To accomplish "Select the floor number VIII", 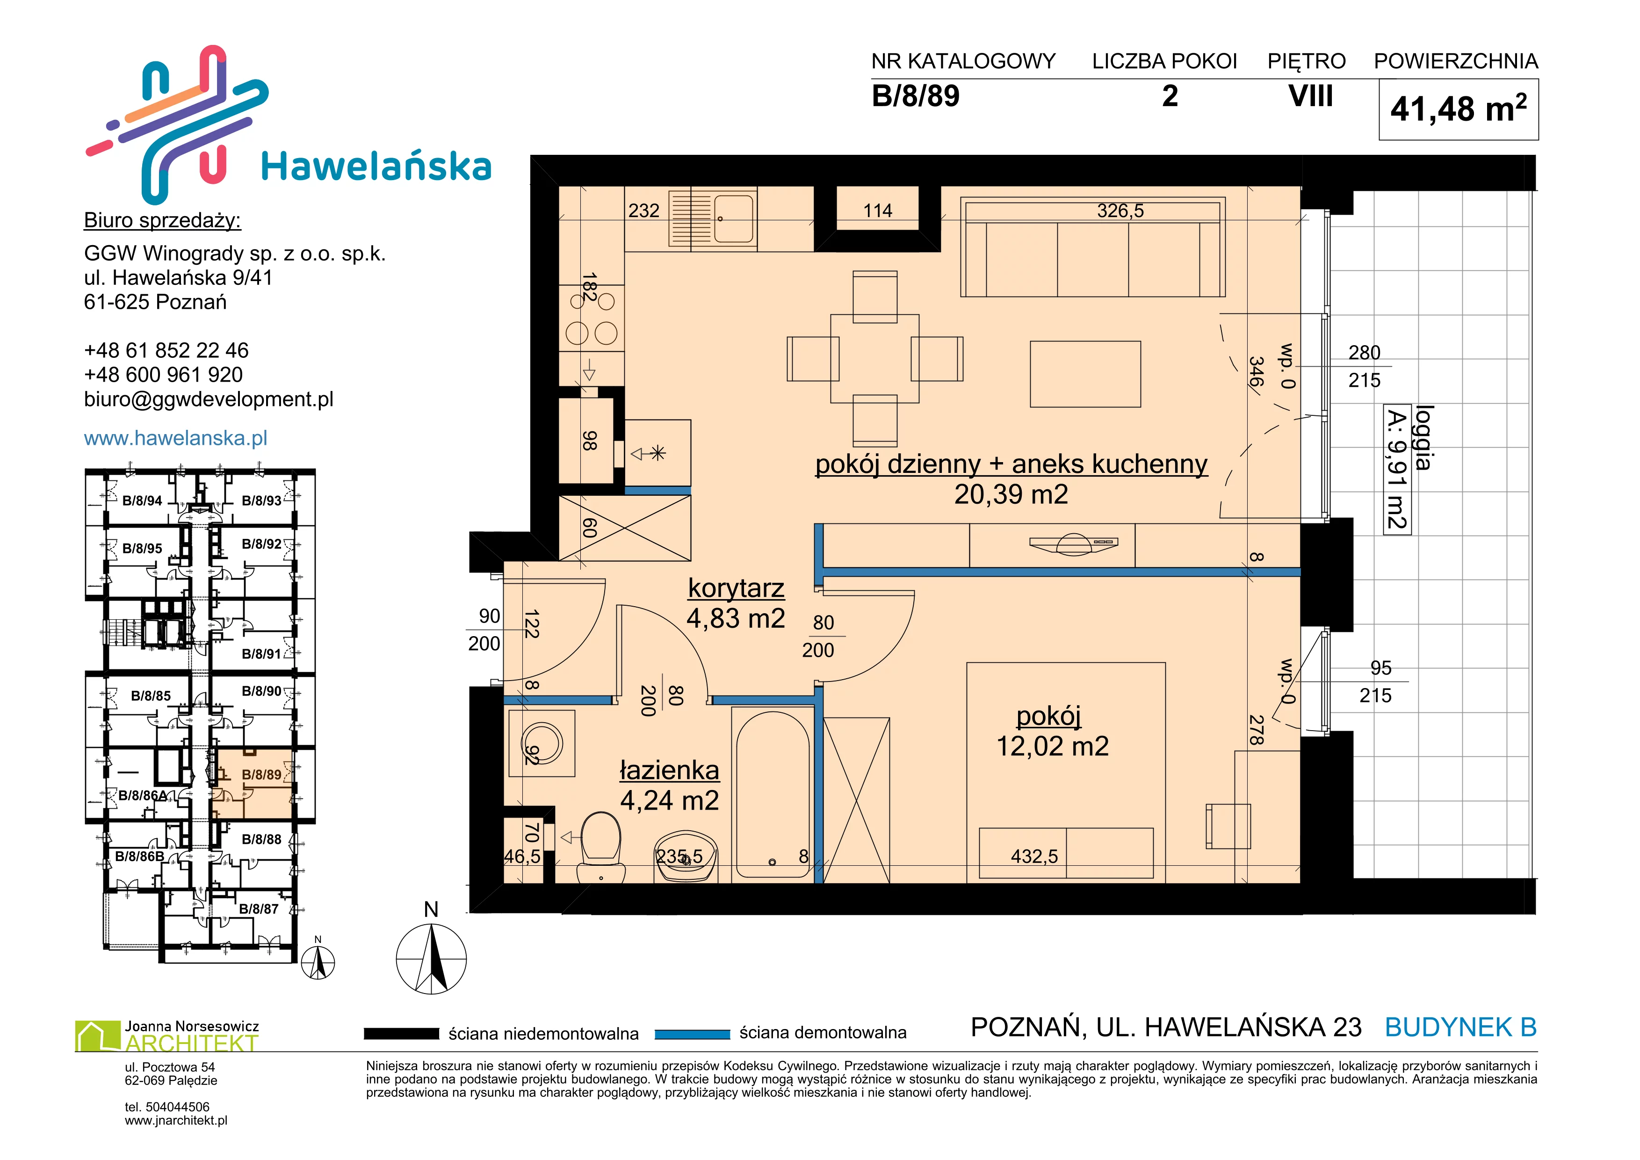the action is click(x=1311, y=96).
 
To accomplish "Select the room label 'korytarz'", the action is click(x=736, y=588).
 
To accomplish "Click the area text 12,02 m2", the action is click(x=1053, y=747).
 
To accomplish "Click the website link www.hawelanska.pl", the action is click(x=176, y=438).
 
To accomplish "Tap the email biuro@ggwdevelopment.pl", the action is click(x=209, y=399).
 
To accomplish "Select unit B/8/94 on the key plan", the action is click(x=142, y=500).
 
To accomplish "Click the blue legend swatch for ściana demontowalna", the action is click(x=692, y=1034).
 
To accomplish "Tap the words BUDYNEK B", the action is click(x=1461, y=1027).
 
